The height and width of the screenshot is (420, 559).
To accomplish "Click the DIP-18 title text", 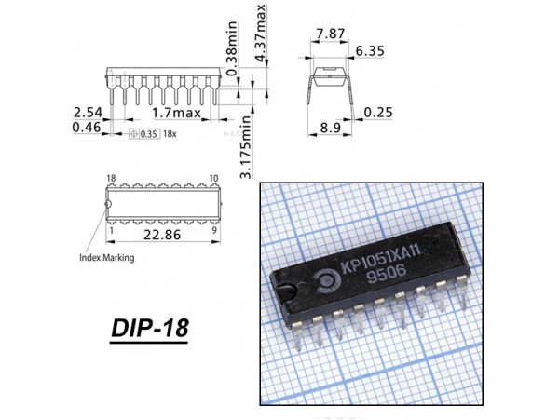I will pos(149,329).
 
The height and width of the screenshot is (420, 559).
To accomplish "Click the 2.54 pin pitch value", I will pos(88,112).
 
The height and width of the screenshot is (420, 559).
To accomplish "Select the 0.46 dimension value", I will pos(88,127).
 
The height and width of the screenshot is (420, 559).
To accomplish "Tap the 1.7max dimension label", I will pos(176,113).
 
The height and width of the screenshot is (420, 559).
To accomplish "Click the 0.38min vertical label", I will pos(233,55).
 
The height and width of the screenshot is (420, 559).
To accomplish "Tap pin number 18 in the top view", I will pos(111,177).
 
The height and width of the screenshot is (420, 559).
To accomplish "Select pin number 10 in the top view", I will pos(213,177).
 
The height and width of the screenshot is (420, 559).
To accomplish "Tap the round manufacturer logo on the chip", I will pos(330,273).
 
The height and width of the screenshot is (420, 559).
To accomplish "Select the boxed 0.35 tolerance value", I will pos(148,134).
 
